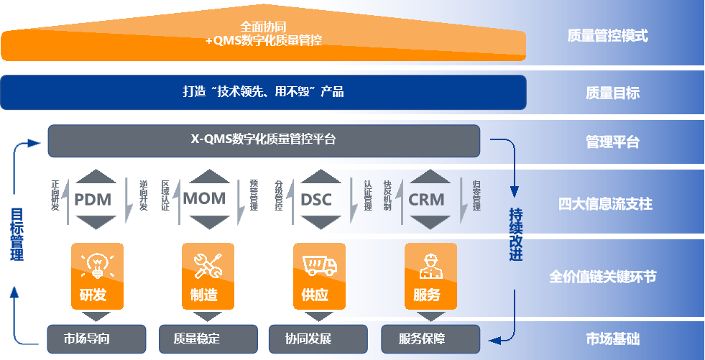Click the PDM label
[x=93, y=198]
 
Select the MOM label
[x=204, y=198]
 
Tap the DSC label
[x=316, y=199]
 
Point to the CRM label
[x=426, y=199]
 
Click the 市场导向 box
[x=96, y=338]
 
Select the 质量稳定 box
[x=208, y=338]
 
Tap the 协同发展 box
[x=319, y=338]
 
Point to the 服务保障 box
[x=430, y=338]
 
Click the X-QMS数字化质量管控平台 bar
[x=263, y=140]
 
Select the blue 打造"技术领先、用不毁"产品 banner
[x=263, y=92]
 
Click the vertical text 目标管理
[x=17, y=234]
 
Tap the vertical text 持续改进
[x=515, y=234]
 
